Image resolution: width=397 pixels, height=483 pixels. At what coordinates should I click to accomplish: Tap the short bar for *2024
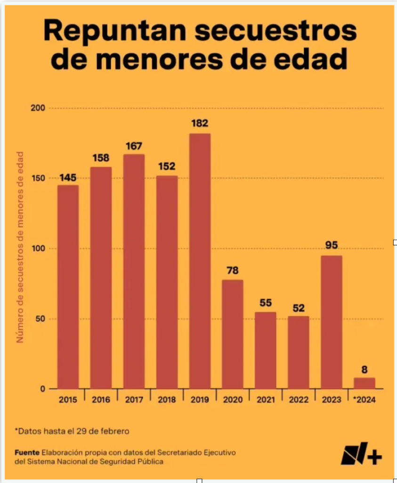[x=365, y=383]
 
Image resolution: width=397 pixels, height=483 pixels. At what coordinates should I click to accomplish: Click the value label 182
[x=200, y=124]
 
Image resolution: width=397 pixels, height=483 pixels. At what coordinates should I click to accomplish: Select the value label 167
[x=134, y=146]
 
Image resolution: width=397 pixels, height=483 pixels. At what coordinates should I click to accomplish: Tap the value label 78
[x=233, y=271]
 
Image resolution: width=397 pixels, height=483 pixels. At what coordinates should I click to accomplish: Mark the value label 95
[x=332, y=246]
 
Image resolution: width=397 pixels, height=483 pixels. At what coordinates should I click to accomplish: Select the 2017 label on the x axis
[x=134, y=400]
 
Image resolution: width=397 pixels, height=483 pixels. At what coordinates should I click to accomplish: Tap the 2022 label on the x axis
[x=299, y=400]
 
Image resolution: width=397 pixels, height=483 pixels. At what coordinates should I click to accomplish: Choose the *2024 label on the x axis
[x=365, y=400]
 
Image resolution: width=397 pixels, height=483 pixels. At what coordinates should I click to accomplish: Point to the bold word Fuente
[x=27, y=452]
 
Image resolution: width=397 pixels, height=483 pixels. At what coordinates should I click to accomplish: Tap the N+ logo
[x=361, y=454]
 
